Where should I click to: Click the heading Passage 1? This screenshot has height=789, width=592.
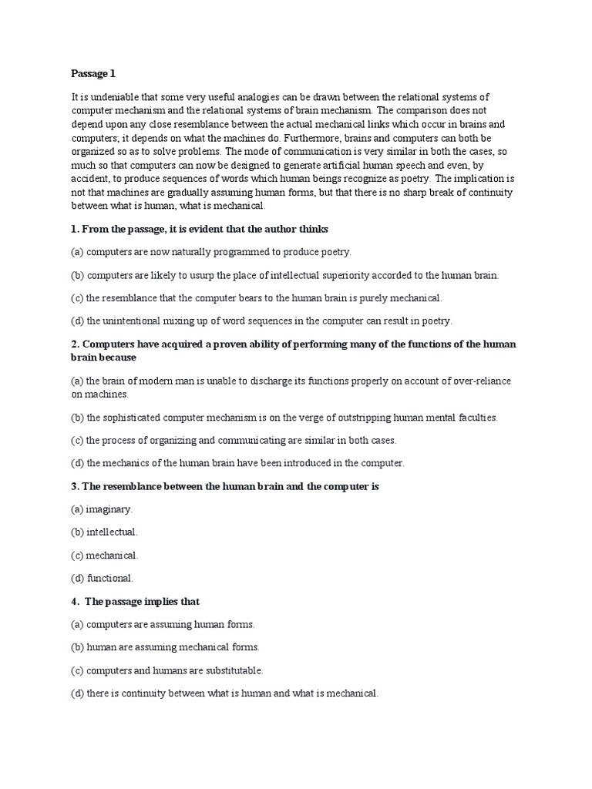(x=93, y=74)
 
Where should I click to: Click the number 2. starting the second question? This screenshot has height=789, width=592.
(x=76, y=344)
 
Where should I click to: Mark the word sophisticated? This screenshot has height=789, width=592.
(x=134, y=418)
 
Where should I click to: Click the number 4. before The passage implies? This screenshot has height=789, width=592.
(x=76, y=601)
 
